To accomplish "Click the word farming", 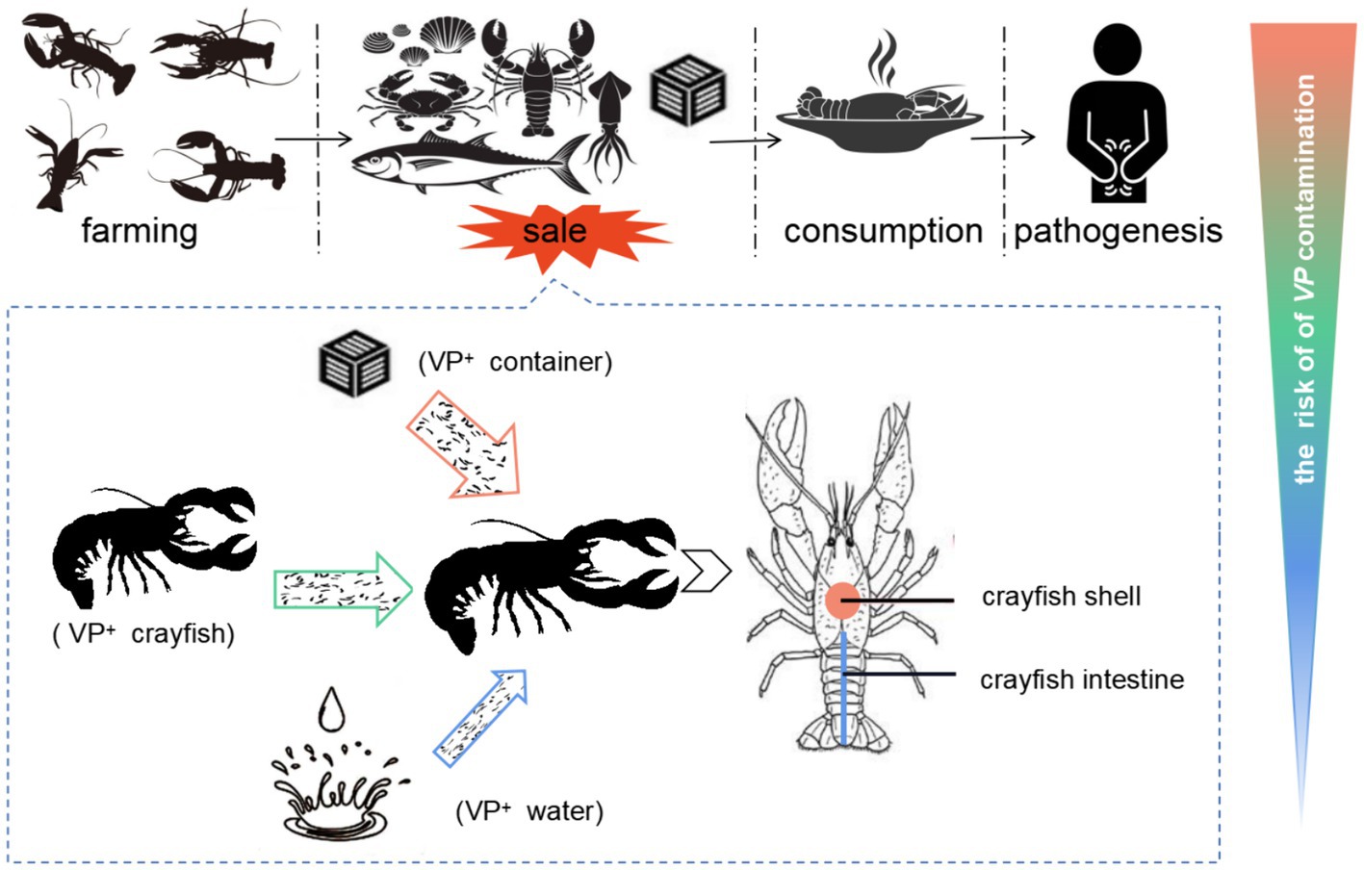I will click(140, 231).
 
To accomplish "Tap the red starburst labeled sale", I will click(556, 231).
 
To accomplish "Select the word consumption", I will click(883, 231).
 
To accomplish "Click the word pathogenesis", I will click(1118, 231).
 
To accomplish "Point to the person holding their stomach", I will click(1117, 115).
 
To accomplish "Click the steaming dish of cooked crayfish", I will click(879, 114).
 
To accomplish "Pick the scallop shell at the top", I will click(449, 36).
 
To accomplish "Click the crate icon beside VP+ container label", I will click(354, 365).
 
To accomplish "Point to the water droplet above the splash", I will click(332, 709).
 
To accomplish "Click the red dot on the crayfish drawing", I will click(842, 601).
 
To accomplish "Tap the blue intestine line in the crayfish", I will click(844, 688).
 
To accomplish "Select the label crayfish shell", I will click(1061, 597).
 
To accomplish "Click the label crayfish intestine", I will click(1082, 679).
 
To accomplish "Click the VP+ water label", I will click(529, 811).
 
